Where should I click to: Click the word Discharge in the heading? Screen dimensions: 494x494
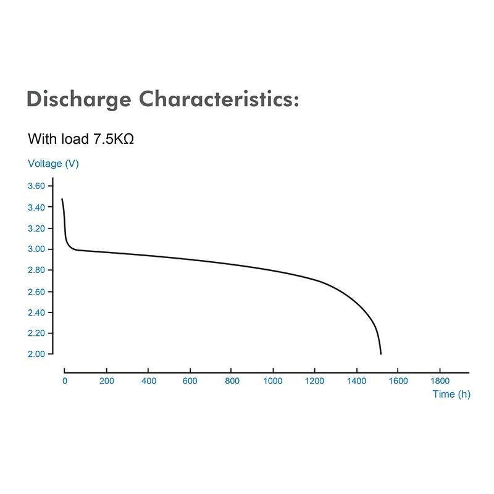click(79, 99)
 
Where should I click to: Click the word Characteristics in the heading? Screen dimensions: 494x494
click(219, 99)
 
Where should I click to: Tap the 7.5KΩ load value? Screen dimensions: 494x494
click(114, 139)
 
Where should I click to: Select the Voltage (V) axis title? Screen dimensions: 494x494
click(53, 164)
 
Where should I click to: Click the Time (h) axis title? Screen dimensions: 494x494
click(451, 394)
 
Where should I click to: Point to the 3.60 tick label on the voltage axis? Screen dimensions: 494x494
click(36, 186)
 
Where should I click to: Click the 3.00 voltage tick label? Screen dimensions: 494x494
click(36, 249)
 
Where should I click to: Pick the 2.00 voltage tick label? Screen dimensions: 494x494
click(36, 354)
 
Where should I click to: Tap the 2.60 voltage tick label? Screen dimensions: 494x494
click(36, 291)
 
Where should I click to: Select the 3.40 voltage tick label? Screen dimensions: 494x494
click(36, 207)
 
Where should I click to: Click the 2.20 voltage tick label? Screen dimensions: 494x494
click(36, 333)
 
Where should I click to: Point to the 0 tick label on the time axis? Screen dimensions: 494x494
click(65, 381)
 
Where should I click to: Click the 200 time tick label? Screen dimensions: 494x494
click(106, 381)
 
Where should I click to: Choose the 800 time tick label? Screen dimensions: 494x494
click(232, 381)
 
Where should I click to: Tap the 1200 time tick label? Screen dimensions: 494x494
click(314, 381)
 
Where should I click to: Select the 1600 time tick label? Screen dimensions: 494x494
click(398, 381)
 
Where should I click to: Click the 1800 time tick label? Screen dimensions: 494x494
click(440, 381)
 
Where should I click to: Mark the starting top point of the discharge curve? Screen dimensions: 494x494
click(62, 199)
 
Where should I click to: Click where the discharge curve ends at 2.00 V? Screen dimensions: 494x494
click(381, 354)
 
